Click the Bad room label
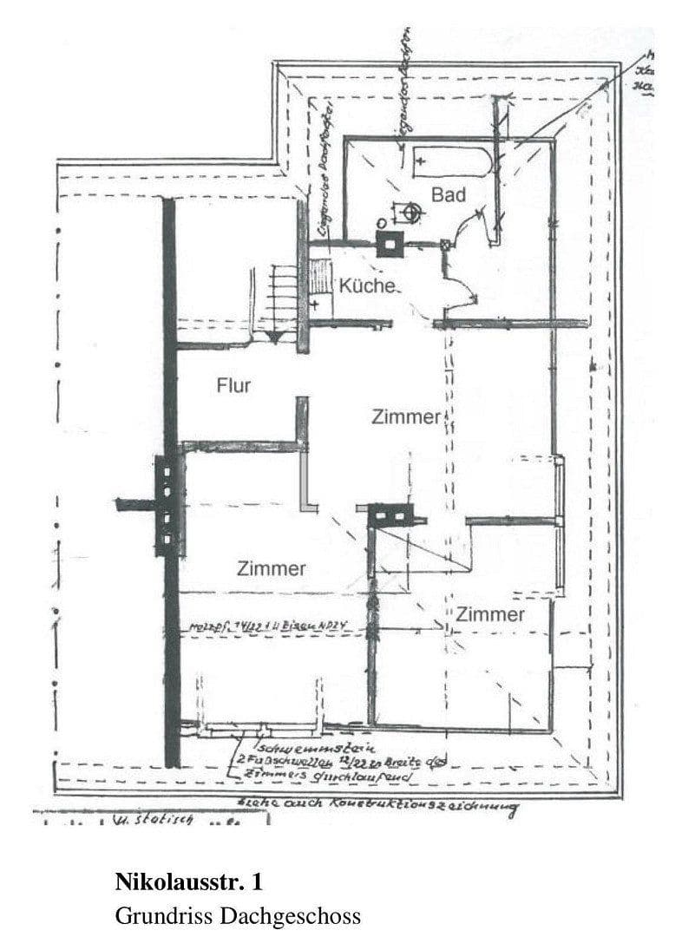(x=449, y=195)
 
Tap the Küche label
(x=367, y=285)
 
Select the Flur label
(x=233, y=385)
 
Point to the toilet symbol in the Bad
(x=408, y=210)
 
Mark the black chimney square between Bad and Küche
(x=388, y=245)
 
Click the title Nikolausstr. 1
(x=188, y=883)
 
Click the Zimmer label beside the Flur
(x=405, y=416)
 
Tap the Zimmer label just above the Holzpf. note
(x=271, y=569)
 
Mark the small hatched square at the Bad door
(x=446, y=246)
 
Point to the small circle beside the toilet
(x=380, y=223)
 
